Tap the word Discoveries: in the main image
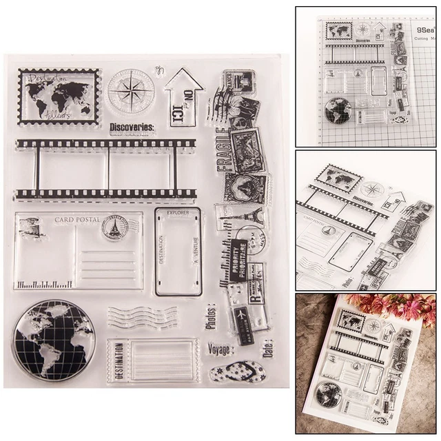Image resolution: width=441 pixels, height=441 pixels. [131, 126]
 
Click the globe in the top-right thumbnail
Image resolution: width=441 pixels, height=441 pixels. [339, 111]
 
